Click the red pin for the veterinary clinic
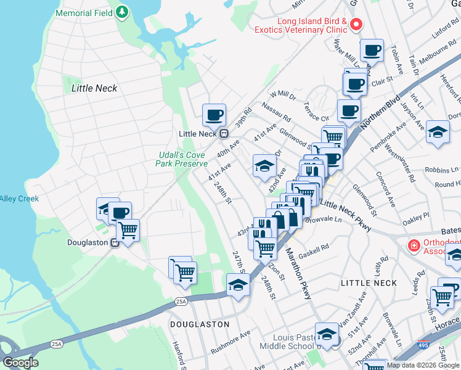click(x=356, y=25)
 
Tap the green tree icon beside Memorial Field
click(x=123, y=12)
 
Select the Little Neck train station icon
click(x=224, y=134)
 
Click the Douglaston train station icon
click(x=115, y=243)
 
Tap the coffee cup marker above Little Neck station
click(x=214, y=114)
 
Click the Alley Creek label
click(x=18, y=199)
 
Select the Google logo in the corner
click(x=20, y=362)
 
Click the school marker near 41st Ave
click(x=264, y=166)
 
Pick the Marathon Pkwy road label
click(x=298, y=274)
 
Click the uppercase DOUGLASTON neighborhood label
click(x=199, y=324)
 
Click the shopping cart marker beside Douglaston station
click(x=128, y=230)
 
